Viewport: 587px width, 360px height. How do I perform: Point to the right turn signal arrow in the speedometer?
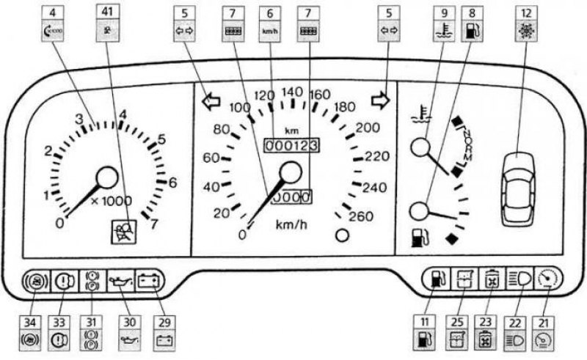coord(380,99)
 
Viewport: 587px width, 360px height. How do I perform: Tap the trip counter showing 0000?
coord(291,196)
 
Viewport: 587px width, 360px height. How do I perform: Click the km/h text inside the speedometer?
coord(291,224)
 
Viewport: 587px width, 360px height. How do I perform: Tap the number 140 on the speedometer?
coord(292,92)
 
